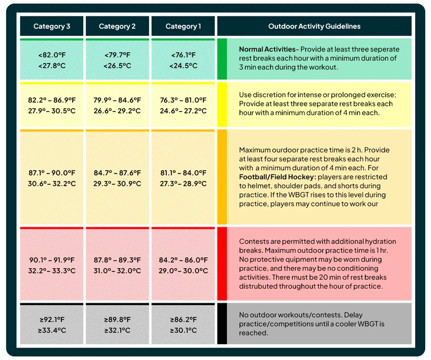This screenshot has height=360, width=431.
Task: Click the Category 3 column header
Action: pyautogui.click(x=52, y=26)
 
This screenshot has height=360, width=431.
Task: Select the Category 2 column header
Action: pyautogui.click(x=117, y=26)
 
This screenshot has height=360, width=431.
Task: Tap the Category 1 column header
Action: pyautogui.click(x=183, y=26)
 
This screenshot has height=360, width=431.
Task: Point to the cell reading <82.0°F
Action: pyautogui.click(x=52, y=60)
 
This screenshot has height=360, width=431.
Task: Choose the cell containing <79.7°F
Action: pyautogui.click(x=117, y=60)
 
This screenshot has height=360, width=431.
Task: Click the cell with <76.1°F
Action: pyautogui.click(x=183, y=60)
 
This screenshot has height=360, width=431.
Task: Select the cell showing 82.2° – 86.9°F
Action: pyautogui.click(x=52, y=105)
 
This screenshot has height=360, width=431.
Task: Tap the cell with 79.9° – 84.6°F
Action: pyautogui.click(x=117, y=105)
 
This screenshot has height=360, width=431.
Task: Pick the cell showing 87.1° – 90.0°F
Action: pyautogui.click(x=52, y=177)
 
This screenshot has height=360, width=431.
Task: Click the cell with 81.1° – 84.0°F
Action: pyautogui.click(x=183, y=177)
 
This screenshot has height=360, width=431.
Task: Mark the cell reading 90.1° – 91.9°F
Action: pyautogui.click(x=52, y=265)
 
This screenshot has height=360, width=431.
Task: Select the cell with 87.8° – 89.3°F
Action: pyautogui.click(x=117, y=265)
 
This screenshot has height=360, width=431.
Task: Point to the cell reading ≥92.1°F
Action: pyautogui.click(x=52, y=324)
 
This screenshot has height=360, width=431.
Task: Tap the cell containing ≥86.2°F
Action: pyautogui.click(x=183, y=324)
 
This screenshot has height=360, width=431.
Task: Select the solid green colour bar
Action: pyautogui.click(x=222, y=59)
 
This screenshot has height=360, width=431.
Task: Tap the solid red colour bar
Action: pyautogui.click(x=222, y=264)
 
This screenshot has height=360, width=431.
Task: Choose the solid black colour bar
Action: pyautogui.click(x=222, y=324)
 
